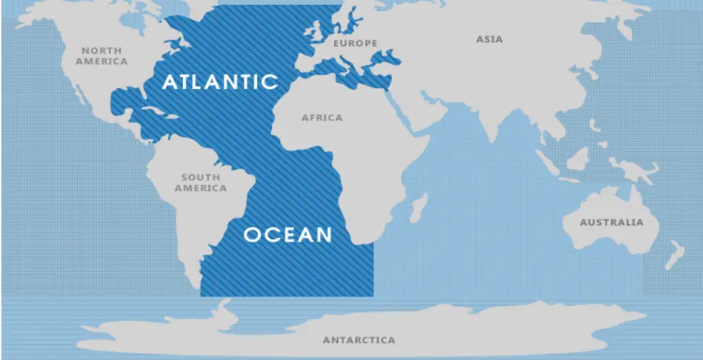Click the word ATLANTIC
(x=220, y=81)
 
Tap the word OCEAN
(x=288, y=234)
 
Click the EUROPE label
(x=355, y=43)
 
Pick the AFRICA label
(x=322, y=118)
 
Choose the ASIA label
(x=490, y=39)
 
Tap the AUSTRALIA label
(x=611, y=222)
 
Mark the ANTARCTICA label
(x=358, y=340)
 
